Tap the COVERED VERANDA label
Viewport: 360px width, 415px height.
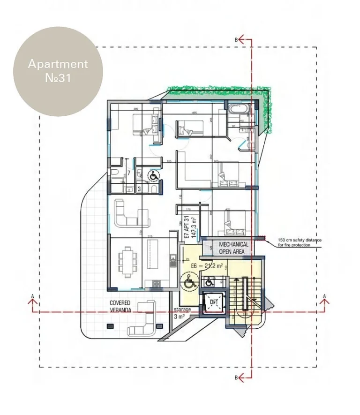click(120, 306)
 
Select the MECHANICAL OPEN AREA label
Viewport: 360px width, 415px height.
click(233, 248)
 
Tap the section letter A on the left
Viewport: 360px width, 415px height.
click(32, 296)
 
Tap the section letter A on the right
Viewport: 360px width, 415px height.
click(324, 296)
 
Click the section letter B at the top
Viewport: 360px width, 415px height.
click(237, 40)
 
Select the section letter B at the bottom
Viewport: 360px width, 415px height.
click(237, 377)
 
